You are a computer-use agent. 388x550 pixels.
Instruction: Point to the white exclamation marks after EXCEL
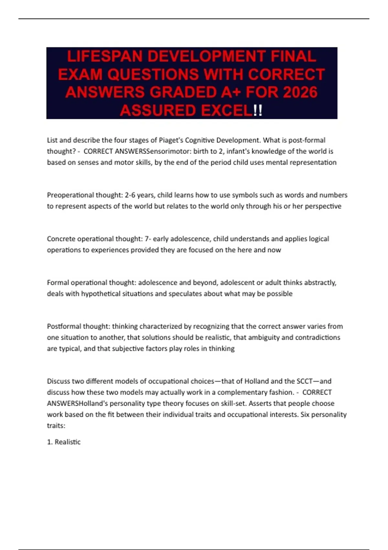[x=258, y=111]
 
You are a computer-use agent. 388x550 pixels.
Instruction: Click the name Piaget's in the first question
[x=171, y=140]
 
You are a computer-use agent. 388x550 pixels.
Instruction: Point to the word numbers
[x=333, y=195]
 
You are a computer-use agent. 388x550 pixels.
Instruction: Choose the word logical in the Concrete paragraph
[x=319, y=239]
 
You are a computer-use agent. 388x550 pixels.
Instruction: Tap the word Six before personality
[x=306, y=414]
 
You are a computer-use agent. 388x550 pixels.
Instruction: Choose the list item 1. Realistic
[x=64, y=442]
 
